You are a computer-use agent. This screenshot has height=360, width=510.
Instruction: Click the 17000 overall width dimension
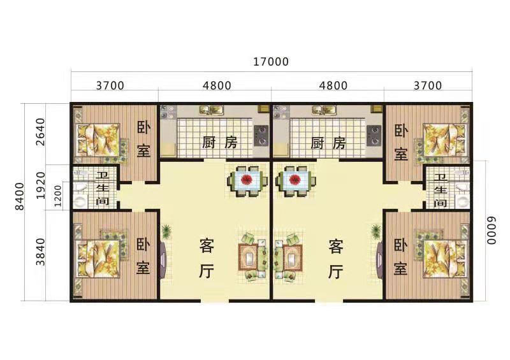click(271, 61)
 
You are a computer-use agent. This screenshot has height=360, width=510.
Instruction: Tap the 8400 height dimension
click(20, 196)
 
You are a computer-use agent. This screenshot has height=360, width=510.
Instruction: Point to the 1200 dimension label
click(58, 196)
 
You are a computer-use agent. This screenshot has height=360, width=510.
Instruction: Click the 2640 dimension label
click(40, 132)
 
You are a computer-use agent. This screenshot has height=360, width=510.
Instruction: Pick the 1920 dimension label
click(40, 185)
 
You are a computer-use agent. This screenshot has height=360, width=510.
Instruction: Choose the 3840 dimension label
click(40, 252)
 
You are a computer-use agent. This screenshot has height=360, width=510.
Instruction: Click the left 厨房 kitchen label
click(220, 143)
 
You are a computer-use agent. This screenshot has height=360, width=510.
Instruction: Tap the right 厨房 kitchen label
click(328, 143)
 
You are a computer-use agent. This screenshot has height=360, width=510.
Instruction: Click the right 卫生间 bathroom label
click(441, 191)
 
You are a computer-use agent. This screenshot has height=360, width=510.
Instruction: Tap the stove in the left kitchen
click(261, 136)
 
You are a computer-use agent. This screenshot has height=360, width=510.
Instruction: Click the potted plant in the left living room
click(166, 231)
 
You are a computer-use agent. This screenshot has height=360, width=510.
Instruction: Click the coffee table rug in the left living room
click(250, 257)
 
